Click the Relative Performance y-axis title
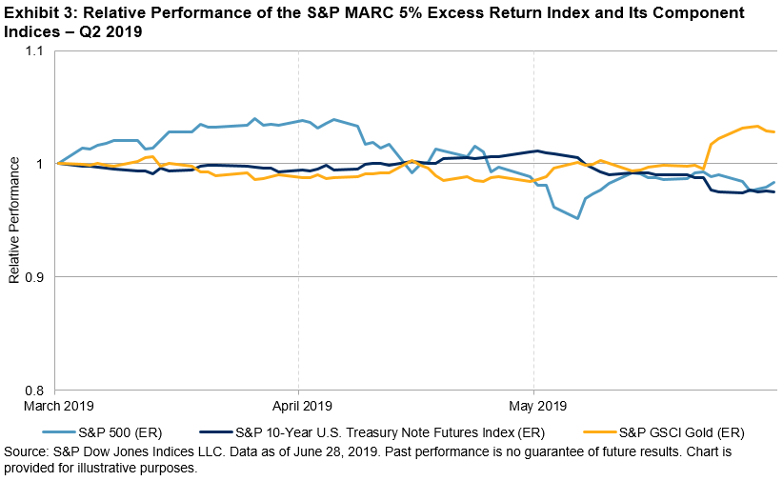[x=14, y=221]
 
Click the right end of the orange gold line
[x=774, y=131]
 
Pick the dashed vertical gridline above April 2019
[x=299, y=286]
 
